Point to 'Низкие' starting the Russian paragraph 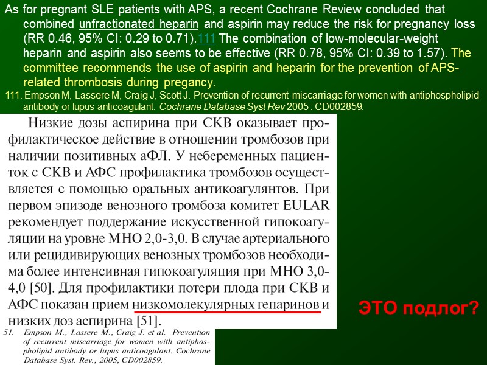51,124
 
